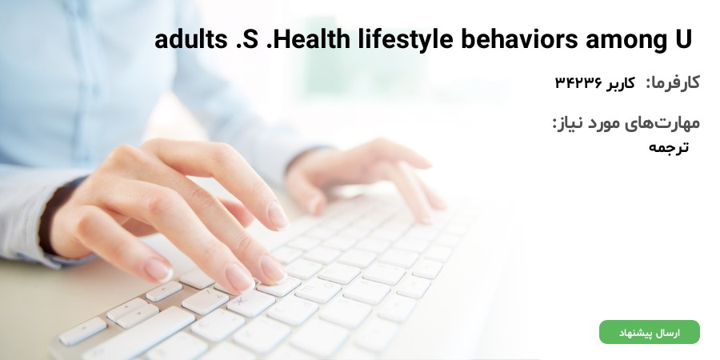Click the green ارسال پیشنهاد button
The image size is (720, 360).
tap(650, 332)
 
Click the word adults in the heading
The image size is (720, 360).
tap(190, 39)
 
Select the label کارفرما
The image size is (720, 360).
tap(673, 82)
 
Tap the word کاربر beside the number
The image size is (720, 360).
tap(620, 83)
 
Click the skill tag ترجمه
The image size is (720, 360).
tap(669, 147)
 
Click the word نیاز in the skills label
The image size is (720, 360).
tap(568, 123)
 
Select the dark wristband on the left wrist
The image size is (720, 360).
tap(51, 217)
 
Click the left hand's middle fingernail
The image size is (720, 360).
tap(238, 278)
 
